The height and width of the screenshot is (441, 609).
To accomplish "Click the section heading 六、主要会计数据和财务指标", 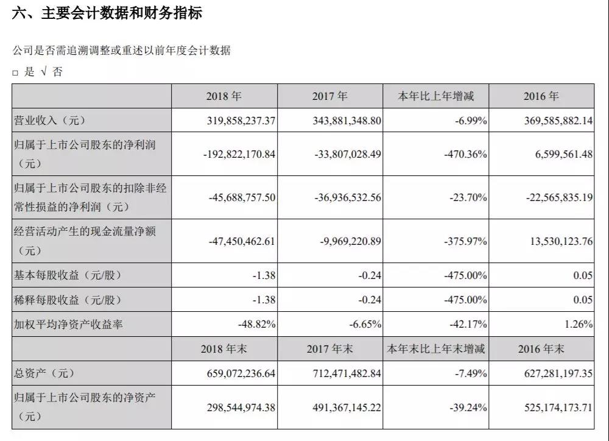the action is click(x=107, y=13).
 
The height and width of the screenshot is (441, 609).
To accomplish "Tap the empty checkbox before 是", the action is click(x=15, y=72).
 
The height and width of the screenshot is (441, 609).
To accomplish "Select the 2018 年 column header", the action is click(x=224, y=96).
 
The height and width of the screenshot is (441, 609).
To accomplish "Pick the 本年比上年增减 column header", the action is click(x=435, y=96).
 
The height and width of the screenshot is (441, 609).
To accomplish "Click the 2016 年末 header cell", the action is click(x=541, y=348).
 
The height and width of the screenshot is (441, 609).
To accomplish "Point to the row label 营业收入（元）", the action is click(x=49, y=121).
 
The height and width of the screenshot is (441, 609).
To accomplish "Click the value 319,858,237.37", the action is click(x=241, y=121).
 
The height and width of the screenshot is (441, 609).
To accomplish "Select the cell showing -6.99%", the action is click(x=471, y=121).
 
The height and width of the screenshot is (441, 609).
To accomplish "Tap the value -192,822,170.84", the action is click(x=239, y=154).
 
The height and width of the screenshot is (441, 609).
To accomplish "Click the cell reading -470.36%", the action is click(x=465, y=154).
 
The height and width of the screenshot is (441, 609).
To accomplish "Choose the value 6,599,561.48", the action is click(x=563, y=154).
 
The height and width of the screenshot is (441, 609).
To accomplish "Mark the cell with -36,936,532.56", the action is click(x=348, y=197).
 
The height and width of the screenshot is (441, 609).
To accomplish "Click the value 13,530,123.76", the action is click(x=561, y=241).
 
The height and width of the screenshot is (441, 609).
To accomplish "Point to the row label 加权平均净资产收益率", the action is click(x=68, y=324).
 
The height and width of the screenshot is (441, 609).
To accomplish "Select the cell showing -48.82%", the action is click(x=257, y=324).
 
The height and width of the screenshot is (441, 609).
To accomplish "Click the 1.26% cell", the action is click(x=579, y=324).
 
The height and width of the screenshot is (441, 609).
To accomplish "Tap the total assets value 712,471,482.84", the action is click(x=347, y=373).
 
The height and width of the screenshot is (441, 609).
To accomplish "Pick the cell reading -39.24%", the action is click(x=468, y=407).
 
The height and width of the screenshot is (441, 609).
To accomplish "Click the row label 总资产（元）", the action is click(x=44, y=373).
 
